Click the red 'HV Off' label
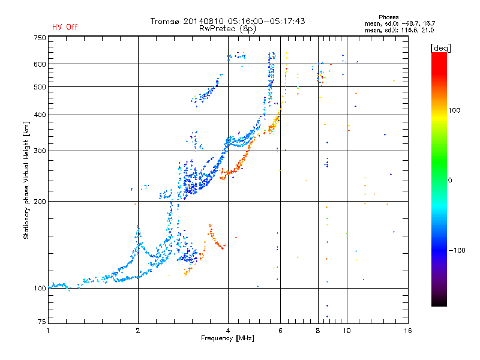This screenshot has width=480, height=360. (x=65, y=27)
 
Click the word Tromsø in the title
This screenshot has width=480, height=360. (x=166, y=21)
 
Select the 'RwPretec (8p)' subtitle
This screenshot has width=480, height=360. (x=227, y=29)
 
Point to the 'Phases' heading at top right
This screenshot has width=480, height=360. (x=388, y=17)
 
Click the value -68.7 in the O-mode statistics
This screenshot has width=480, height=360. (x=407, y=23)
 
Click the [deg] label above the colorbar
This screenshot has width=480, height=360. (x=440, y=48)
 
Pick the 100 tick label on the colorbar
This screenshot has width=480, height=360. (x=454, y=110)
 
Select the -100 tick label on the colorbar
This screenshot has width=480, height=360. (x=457, y=250)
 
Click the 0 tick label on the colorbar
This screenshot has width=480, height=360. (x=450, y=180)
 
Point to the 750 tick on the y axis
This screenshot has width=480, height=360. (x=40, y=38)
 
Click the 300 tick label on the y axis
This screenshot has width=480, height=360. (x=40, y=151)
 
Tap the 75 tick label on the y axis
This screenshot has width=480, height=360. (x=42, y=322)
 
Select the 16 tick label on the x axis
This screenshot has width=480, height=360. (x=408, y=331)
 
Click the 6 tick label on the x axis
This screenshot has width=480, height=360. (x=280, y=331)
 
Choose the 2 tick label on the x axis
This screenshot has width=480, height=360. (x=138, y=331)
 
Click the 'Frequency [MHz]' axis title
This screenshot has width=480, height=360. (x=227, y=338)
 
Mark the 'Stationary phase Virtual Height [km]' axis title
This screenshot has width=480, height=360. (x=26, y=180)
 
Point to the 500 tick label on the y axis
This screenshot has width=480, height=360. (x=40, y=86)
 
